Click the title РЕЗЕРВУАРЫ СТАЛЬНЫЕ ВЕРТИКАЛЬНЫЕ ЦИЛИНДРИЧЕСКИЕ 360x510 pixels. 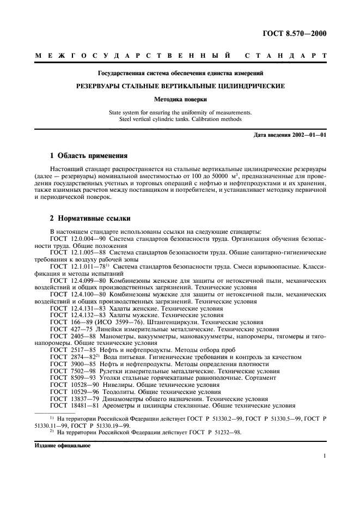tap(179, 86)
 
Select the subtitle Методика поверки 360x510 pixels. tap(179, 100)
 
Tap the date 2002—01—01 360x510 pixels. tap(307, 135)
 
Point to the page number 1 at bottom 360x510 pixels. tap(325, 458)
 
